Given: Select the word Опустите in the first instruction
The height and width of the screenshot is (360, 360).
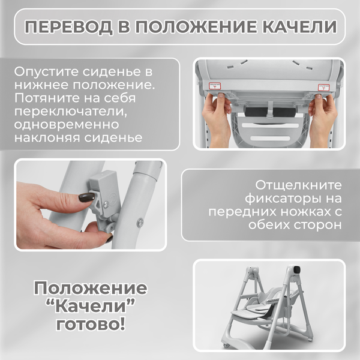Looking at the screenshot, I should click(43, 71).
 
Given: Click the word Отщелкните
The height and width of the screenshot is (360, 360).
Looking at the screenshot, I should click(299, 184).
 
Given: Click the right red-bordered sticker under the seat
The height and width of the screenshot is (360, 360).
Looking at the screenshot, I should click(324, 88).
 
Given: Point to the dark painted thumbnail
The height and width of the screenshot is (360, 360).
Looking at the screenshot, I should click(86, 197).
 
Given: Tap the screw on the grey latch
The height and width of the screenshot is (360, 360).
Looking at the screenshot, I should click(106, 203).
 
